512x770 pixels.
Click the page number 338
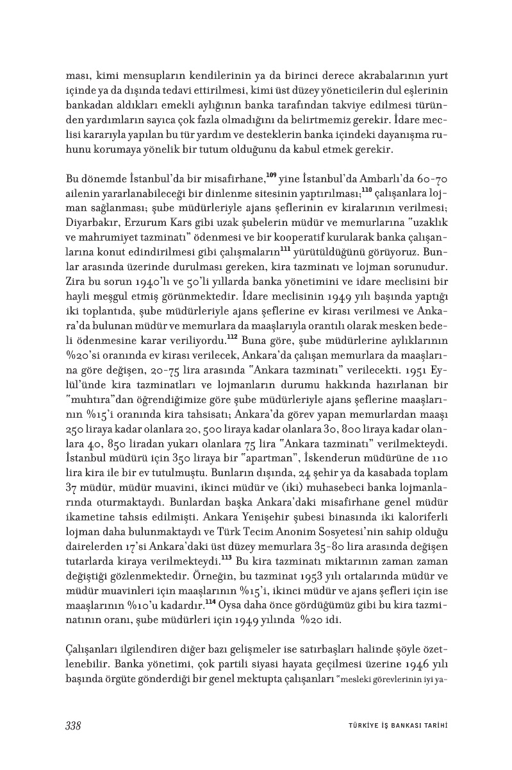click(72, 726)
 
